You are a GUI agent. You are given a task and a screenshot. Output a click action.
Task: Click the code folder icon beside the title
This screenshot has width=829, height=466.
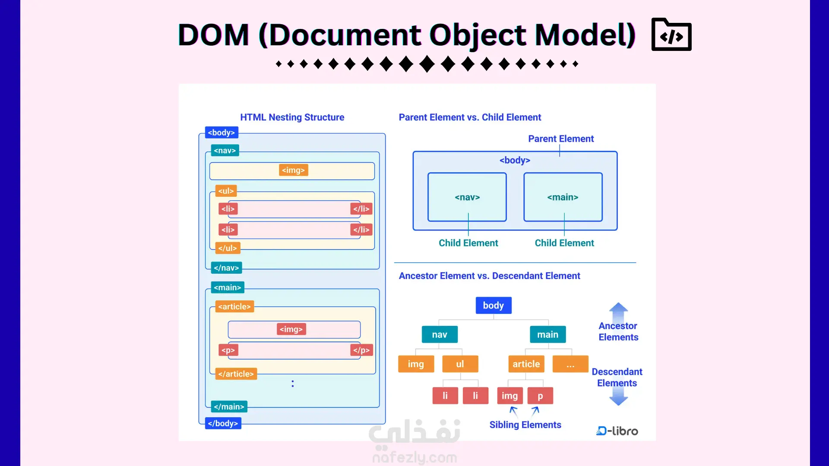(x=671, y=35)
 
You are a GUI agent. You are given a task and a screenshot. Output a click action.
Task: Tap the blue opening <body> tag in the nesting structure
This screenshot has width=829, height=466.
(x=221, y=132)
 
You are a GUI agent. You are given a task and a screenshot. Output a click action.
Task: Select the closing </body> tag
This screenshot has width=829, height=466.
(x=223, y=423)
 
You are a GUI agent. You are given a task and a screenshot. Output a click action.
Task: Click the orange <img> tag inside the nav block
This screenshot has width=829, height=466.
(x=293, y=170)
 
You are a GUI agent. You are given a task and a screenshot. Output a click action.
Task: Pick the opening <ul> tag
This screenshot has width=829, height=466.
(x=226, y=191)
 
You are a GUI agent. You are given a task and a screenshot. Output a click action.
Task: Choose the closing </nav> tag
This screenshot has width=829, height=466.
(x=226, y=268)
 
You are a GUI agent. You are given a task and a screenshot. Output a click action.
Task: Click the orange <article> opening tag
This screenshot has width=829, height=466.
(x=234, y=306)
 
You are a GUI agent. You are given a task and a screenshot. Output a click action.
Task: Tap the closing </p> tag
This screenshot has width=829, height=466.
(x=361, y=350)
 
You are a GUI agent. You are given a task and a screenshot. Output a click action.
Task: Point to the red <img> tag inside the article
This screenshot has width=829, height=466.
(x=291, y=329)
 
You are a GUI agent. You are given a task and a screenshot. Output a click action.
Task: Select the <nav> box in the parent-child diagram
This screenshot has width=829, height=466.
(x=467, y=197)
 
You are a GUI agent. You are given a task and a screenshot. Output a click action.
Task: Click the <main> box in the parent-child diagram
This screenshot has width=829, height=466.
(x=563, y=197)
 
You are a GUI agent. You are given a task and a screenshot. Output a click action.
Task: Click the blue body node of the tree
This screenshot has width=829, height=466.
(x=494, y=305)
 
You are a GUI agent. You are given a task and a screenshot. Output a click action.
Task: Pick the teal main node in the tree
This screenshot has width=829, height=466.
(x=547, y=334)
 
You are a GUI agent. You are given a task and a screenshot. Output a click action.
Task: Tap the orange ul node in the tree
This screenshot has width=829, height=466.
(x=460, y=364)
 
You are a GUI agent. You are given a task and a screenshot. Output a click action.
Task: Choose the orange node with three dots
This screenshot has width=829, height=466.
(x=570, y=364)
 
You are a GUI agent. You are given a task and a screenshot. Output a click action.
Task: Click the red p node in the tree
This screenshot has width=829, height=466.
(x=540, y=396)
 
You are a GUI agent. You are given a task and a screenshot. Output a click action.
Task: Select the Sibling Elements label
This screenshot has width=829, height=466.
(x=525, y=425)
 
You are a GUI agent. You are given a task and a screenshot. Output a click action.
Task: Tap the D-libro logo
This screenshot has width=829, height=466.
(x=617, y=431)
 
